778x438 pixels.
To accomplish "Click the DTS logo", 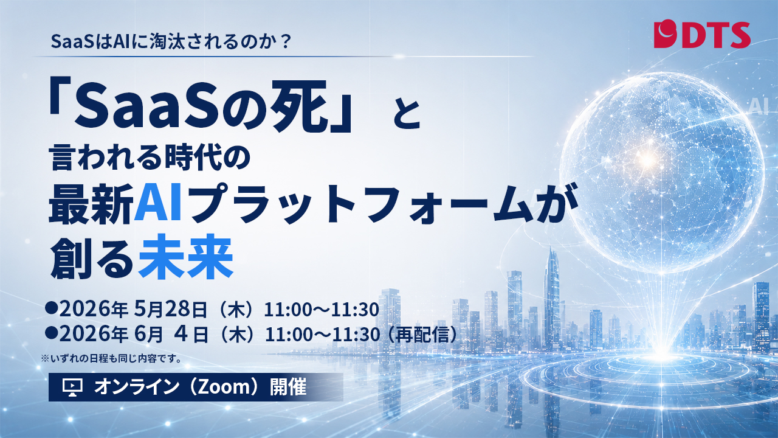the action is (702, 35).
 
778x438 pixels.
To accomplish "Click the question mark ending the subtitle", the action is (286, 41).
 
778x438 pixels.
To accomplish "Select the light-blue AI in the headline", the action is (159, 203).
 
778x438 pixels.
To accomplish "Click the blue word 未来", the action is (185, 257).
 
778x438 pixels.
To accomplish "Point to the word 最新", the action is (91, 203).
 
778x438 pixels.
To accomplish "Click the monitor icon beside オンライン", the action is (72, 387).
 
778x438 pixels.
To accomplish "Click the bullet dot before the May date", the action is (51, 308).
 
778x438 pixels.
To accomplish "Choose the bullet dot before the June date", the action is (51, 333).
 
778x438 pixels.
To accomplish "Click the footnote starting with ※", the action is (111, 358).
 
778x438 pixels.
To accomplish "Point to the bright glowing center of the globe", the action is (647, 160).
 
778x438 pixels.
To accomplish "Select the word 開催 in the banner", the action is (288, 386).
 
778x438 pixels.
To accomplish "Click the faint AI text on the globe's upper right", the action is (759, 106).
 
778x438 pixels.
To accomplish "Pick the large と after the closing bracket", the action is (407, 114).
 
